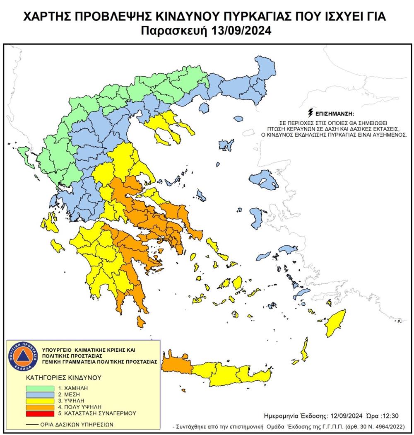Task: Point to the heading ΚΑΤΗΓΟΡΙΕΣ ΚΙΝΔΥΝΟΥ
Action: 58,378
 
